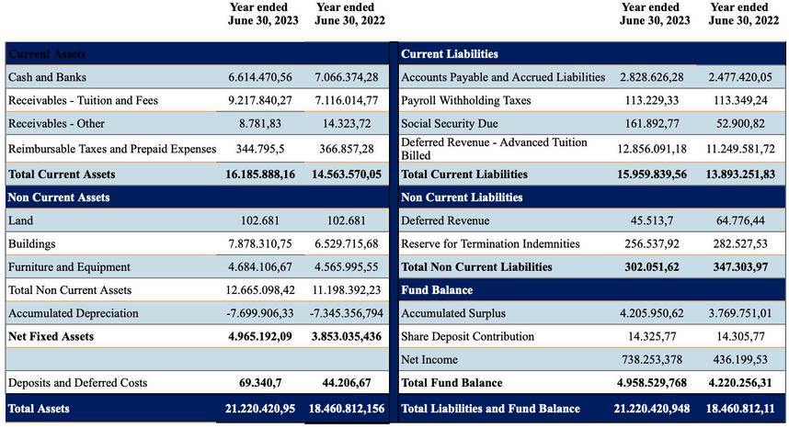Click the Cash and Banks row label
tap(47, 77)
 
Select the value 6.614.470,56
tap(260, 77)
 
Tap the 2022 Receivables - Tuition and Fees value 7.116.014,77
tap(346, 100)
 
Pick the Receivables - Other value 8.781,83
tap(260, 123)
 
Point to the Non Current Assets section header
tap(59, 197)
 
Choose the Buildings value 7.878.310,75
tap(260, 243)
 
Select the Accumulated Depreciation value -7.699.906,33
tap(260, 313)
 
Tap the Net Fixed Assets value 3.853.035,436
tap(346, 336)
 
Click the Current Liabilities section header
tap(450, 54)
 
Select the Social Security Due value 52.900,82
tap(739, 123)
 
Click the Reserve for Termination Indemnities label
tap(490, 243)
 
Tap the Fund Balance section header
tap(437, 290)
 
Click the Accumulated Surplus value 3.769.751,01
tap(739, 313)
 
